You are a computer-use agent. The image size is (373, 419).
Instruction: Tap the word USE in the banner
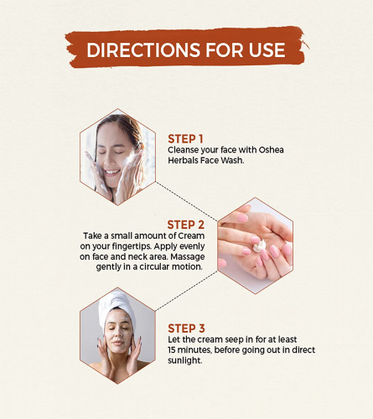(x=267, y=50)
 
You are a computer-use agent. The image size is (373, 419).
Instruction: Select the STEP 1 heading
(x=185, y=139)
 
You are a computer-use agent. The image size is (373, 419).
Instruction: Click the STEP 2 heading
(x=185, y=225)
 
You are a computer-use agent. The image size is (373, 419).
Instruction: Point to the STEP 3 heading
(x=186, y=328)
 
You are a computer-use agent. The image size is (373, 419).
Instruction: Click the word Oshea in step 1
(x=271, y=150)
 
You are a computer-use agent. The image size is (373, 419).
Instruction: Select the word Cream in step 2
(x=191, y=235)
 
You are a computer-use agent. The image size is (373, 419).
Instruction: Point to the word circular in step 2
(x=154, y=266)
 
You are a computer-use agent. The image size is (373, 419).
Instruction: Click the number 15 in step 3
(x=172, y=349)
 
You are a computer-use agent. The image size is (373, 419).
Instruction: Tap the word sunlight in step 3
(x=184, y=360)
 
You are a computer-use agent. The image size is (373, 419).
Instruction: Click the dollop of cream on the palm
(x=259, y=246)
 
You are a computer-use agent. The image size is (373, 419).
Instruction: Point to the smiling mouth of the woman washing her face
(x=112, y=173)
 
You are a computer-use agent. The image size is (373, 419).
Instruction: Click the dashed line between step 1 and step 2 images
(x=186, y=201)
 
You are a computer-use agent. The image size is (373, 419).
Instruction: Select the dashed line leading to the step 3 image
(x=186, y=291)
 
